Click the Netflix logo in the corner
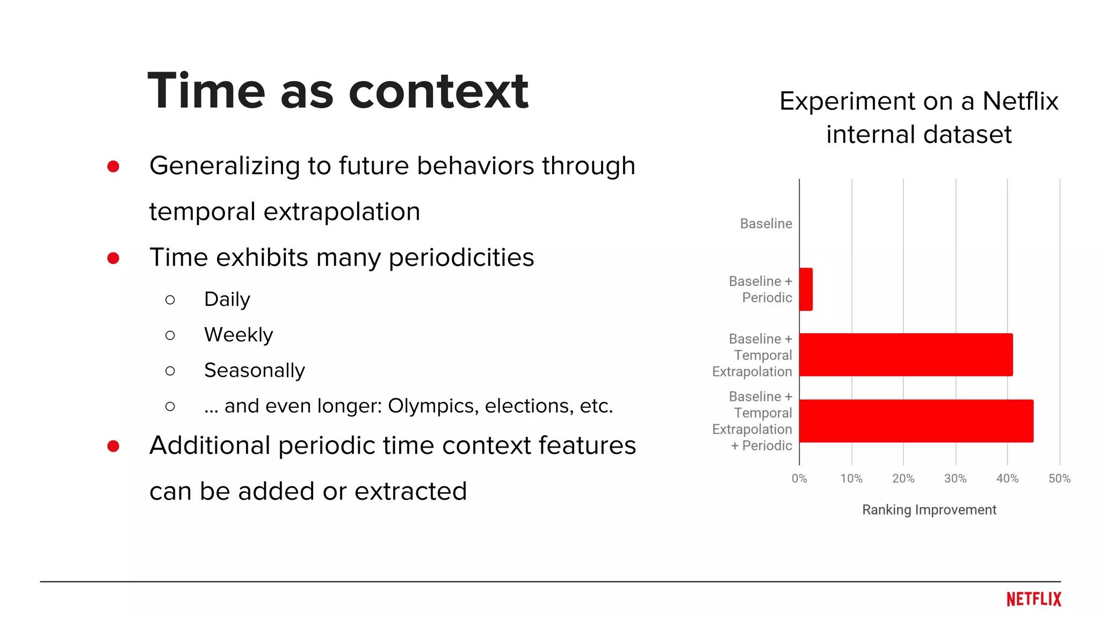click(x=1033, y=599)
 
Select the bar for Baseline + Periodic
click(x=806, y=289)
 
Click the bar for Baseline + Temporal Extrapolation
click(x=906, y=355)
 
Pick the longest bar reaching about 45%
click(x=916, y=421)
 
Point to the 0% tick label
click(x=799, y=478)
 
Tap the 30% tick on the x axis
click(x=955, y=478)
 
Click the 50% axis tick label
click(x=1059, y=478)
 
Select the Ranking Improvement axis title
click(x=929, y=509)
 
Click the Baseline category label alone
click(x=766, y=224)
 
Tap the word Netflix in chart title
click(x=1020, y=101)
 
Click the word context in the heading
click(x=438, y=91)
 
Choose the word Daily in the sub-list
click(x=227, y=299)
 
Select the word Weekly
click(x=238, y=335)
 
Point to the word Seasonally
click(x=254, y=370)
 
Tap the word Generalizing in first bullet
click(x=225, y=165)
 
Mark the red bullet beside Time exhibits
click(x=113, y=258)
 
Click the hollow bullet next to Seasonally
click(x=170, y=371)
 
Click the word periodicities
click(x=461, y=257)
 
